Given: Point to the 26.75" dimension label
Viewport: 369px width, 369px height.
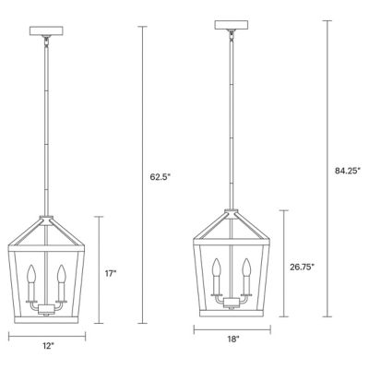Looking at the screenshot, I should point(302,268).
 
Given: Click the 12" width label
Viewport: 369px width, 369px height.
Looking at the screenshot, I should point(48,347).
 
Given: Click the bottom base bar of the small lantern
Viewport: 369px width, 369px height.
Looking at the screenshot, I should point(48,316).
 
